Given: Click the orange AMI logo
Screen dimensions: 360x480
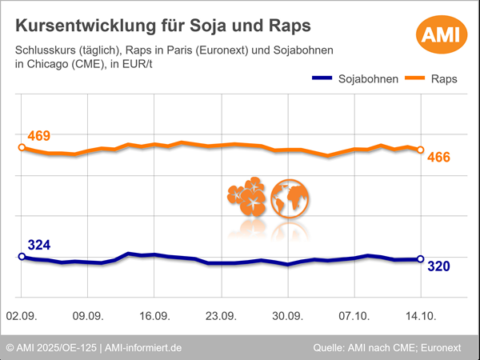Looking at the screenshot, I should click(x=438, y=35).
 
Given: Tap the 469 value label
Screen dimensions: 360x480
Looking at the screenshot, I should click(x=38, y=136).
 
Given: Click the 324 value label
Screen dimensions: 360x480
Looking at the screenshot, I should click(x=38, y=245).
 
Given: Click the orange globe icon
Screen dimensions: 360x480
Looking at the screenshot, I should click(x=290, y=198).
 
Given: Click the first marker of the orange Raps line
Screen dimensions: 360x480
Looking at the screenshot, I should click(x=22, y=147).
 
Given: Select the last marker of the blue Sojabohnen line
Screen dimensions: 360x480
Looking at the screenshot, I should click(x=421, y=259).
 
